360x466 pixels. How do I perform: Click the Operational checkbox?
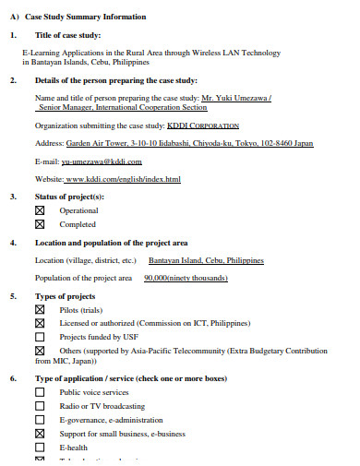click(40, 210)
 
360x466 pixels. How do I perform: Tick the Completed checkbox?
click(40, 224)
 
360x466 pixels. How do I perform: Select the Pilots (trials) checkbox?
click(40, 310)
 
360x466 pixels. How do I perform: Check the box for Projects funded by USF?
click(40, 337)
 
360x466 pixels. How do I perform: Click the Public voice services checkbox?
click(40, 392)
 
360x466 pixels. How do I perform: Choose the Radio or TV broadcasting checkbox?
click(40, 406)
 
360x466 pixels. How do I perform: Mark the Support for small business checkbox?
click(40, 433)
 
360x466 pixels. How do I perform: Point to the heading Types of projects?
click(66, 295)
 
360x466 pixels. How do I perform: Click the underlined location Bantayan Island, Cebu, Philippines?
click(207, 260)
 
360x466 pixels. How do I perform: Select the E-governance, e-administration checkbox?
click(40, 419)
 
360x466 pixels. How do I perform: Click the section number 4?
click(13, 243)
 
